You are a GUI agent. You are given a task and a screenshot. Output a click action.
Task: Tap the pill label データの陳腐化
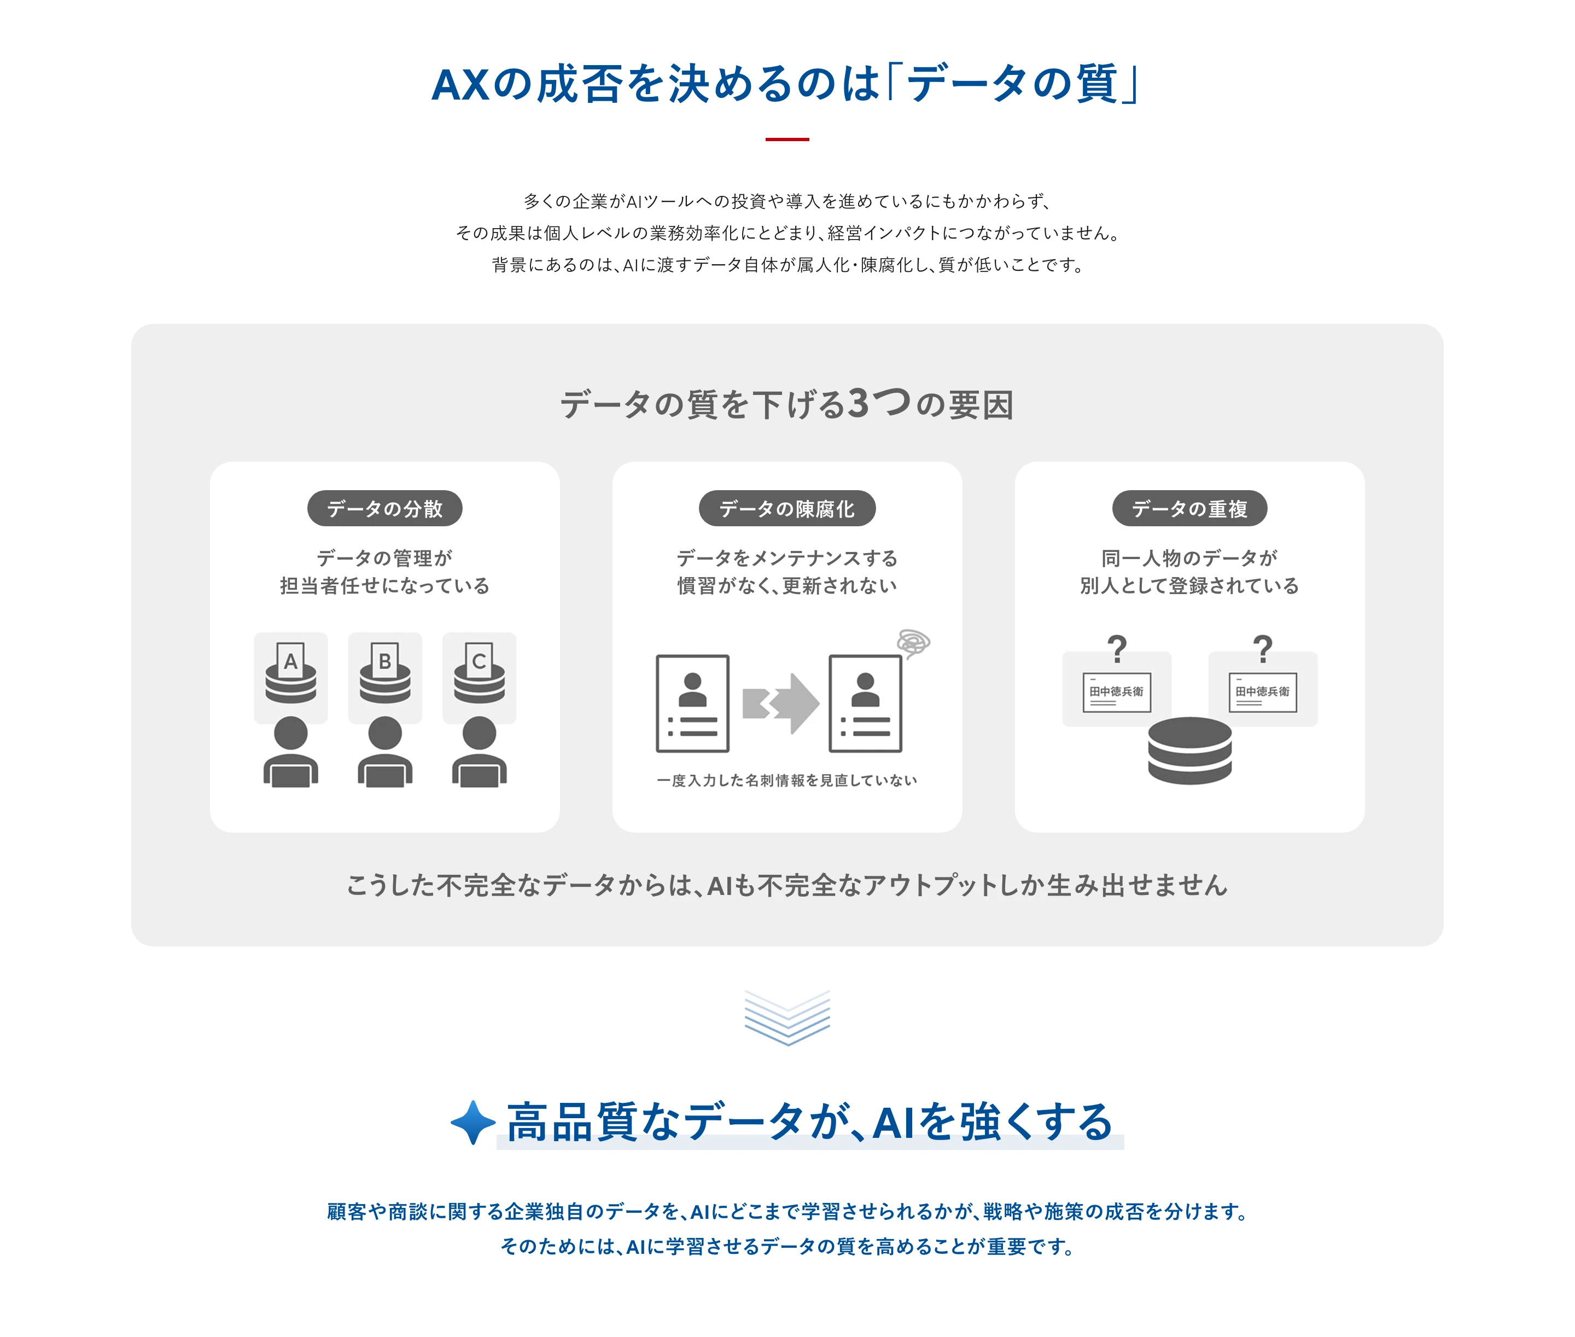pyautogui.click(x=786, y=509)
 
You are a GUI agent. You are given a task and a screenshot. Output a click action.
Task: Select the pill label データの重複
pyautogui.click(x=1189, y=509)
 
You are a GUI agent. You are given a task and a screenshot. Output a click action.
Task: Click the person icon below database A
pyautogui.click(x=291, y=752)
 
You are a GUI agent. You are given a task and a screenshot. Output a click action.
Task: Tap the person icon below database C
pyautogui.click(x=479, y=752)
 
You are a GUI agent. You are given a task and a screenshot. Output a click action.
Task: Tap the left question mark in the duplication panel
pyautogui.click(x=1117, y=649)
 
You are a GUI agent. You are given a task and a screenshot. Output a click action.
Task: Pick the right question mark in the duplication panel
pyautogui.click(x=1262, y=649)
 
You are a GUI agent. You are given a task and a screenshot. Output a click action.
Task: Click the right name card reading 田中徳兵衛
pyautogui.click(x=1262, y=692)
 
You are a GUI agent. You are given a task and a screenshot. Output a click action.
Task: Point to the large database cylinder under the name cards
pyautogui.click(x=1189, y=751)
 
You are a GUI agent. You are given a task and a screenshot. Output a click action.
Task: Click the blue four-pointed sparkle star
pyautogui.click(x=472, y=1122)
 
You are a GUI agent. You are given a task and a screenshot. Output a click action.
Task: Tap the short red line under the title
pyautogui.click(x=787, y=139)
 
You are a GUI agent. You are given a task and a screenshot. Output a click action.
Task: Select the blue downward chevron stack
pyautogui.click(x=787, y=1017)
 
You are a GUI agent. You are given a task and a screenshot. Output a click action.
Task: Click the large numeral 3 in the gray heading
pyautogui.click(x=859, y=403)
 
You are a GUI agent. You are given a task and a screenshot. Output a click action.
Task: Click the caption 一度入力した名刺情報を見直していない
pyautogui.click(x=786, y=781)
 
